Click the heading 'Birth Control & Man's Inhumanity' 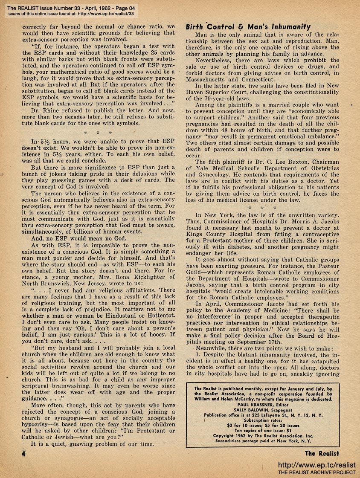tap(248, 26)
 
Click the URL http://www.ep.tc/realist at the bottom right tap(316, 465)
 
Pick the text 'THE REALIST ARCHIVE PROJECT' tap(316, 472)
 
